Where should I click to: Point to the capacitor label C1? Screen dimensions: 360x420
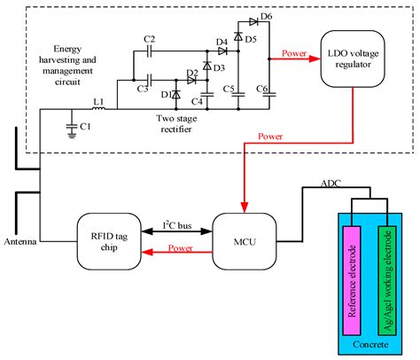86,129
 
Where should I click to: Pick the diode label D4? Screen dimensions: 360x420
221,41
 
